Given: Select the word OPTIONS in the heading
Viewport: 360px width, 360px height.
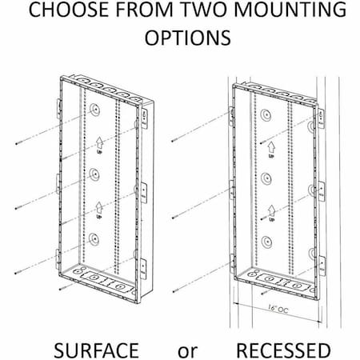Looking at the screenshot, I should click(x=179, y=39).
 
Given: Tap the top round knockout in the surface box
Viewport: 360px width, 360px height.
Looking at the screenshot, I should click(x=96, y=109).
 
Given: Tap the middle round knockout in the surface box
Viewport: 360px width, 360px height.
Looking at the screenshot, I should click(x=96, y=174).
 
